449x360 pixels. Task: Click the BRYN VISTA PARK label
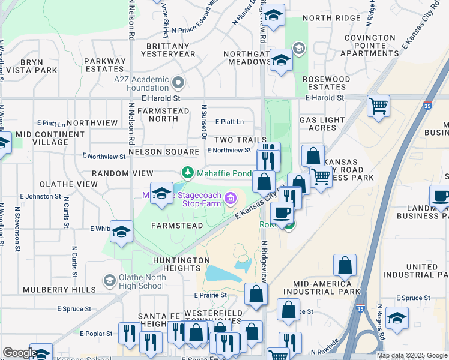(31, 66)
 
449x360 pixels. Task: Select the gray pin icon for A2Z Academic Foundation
(178, 82)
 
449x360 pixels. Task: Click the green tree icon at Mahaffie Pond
(188, 173)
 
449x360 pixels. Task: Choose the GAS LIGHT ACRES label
(327, 124)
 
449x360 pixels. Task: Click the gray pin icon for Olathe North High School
(109, 280)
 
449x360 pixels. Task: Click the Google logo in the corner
(20, 353)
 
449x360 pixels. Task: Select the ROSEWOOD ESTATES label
(326, 83)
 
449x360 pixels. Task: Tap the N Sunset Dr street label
(204, 122)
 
